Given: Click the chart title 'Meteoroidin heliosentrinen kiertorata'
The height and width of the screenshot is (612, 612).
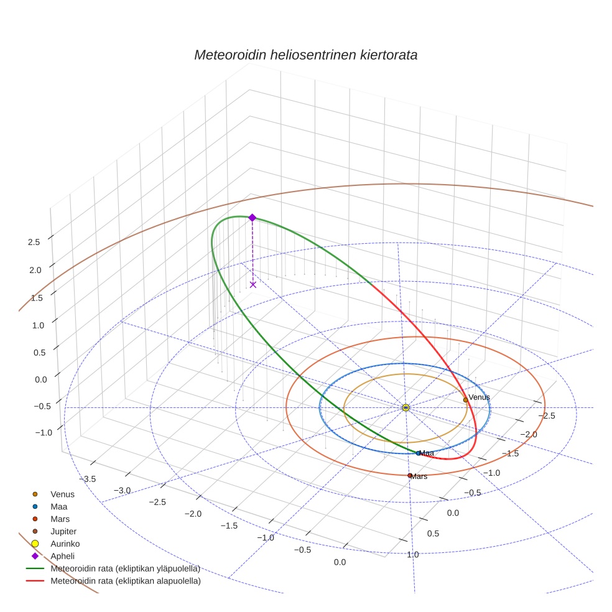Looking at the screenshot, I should [305, 55].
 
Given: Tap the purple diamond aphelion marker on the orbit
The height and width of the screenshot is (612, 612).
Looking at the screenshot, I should [253, 217].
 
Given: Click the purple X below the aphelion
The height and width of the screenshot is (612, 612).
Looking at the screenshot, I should [253, 284].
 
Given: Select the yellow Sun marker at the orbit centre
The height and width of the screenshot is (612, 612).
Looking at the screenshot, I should [406, 407].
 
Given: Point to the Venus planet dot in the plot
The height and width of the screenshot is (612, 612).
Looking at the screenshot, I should [465, 400].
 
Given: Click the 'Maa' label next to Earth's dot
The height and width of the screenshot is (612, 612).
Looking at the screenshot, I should [427, 453].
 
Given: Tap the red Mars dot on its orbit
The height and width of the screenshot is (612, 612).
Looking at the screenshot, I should [410, 476].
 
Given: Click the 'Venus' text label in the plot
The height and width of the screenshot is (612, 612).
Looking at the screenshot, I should [479, 397].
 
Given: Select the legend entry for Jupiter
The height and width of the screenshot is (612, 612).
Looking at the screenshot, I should [63, 531].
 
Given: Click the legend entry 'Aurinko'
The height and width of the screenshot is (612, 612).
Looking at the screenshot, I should [65, 544].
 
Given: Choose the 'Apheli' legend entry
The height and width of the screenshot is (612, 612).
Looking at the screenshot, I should [62, 556].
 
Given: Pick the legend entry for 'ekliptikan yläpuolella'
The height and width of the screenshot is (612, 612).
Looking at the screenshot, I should [125, 568].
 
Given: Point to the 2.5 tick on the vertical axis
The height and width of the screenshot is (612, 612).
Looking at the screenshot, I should [34, 242].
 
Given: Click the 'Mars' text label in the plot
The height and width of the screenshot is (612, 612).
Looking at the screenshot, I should [419, 476].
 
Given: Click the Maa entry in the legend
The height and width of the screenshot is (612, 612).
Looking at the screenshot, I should [60, 506].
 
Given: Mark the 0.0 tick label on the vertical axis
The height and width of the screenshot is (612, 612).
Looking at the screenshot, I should [34, 379].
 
